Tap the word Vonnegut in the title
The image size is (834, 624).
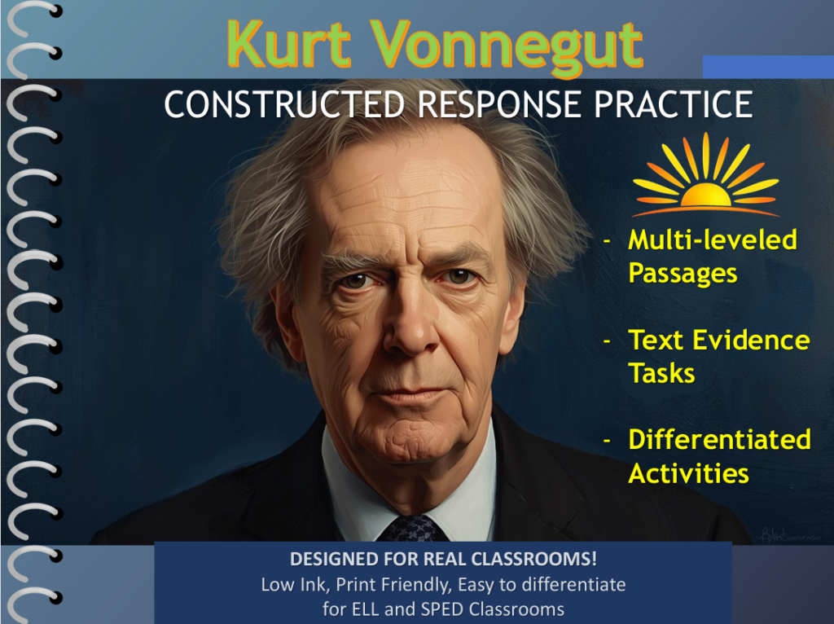point(507,48)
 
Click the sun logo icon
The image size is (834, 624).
point(706,174)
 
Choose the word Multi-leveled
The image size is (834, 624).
point(713,239)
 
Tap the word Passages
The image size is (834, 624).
point(683,274)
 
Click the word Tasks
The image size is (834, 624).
point(661,373)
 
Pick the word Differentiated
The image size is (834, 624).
point(720,440)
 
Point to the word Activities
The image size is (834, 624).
point(689,473)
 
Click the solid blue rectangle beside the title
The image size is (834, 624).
point(768,67)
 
